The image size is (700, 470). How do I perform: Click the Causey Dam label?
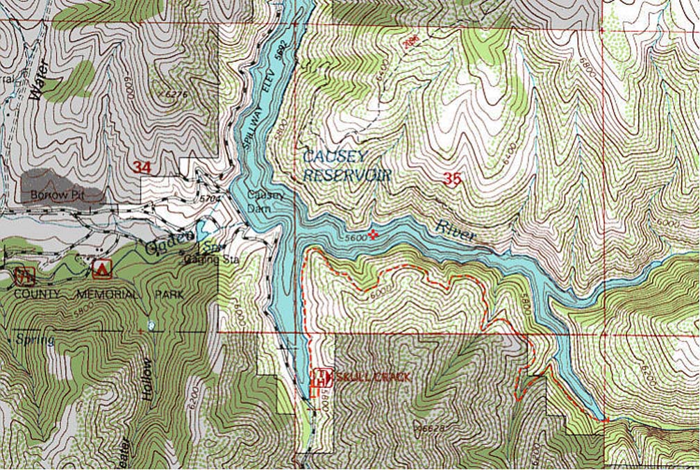266,200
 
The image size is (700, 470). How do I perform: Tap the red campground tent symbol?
102,268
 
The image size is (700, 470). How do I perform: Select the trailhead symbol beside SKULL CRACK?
320,378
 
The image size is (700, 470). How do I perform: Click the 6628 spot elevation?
431,429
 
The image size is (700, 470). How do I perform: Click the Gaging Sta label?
202,260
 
